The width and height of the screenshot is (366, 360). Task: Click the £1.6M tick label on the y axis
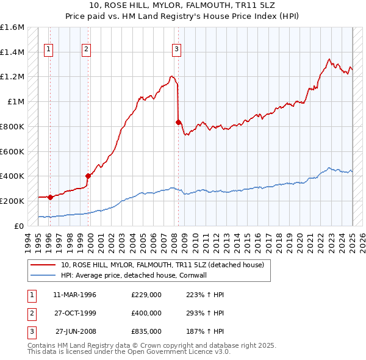pyautogui.click(x=12, y=27)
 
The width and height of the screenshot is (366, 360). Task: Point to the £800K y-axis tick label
pyautogui.click(x=12, y=126)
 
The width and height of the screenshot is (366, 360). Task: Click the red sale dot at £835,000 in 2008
pyautogui.click(x=178, y=122)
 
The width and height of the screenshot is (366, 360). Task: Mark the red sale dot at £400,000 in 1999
pyautogui.click(x=88, y=176)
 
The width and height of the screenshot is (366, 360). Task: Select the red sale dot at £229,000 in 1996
pyautogui.click(x=50, y=197)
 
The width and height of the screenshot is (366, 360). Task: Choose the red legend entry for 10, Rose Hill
pyautogui.click(x=162, y=265)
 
